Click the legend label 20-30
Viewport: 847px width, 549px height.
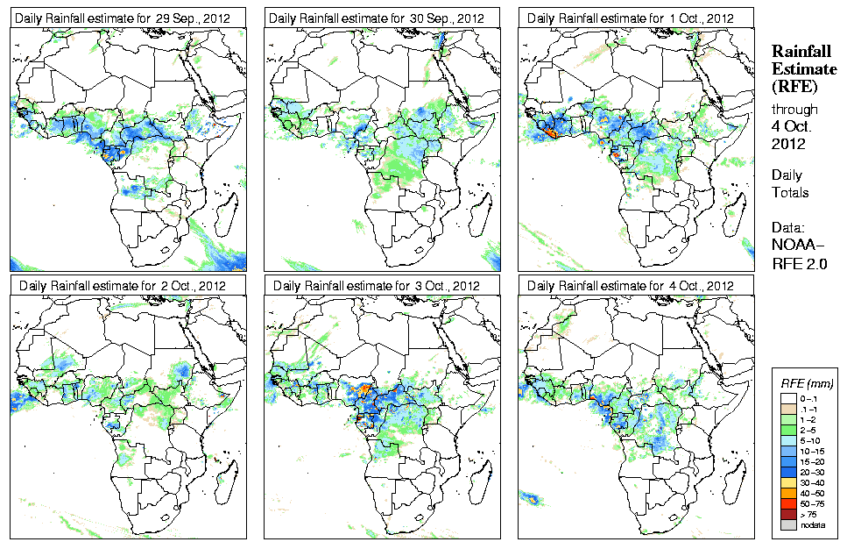pyautogui.click(x=810, y=471)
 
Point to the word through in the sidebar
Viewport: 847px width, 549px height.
pyautogui.click(x=794, y=110)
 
